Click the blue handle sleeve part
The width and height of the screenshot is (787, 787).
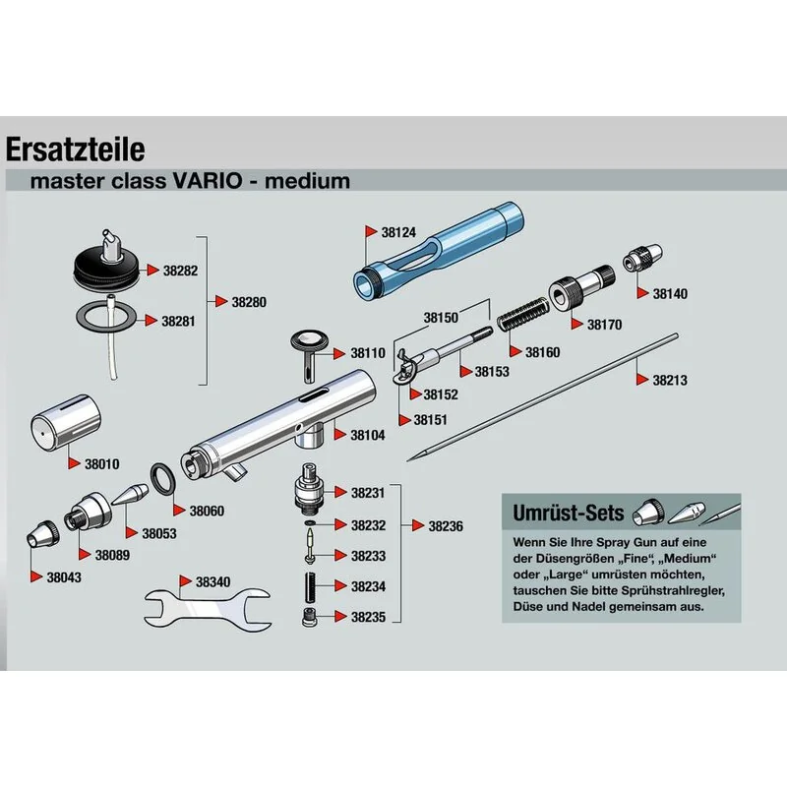[438, 252]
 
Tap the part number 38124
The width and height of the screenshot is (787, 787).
[398, 232]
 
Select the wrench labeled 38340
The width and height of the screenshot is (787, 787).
[209, 607]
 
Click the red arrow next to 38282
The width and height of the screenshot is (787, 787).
[152, 270]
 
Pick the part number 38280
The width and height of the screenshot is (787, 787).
[249, 302]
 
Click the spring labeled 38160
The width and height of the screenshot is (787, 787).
[523, 314]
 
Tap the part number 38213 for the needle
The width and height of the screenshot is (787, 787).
[670, 380]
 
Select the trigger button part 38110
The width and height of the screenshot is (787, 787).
[309, 355]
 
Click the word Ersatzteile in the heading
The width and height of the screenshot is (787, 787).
[76, 150]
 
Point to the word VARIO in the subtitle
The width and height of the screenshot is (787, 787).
[208, 181]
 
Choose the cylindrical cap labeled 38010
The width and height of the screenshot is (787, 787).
[66, 421]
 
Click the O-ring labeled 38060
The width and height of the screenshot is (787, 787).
[162, 479]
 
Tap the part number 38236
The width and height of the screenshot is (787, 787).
[446, 526]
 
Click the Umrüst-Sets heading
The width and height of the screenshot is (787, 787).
[569, 513]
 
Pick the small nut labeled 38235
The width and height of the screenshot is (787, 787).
[309, 617]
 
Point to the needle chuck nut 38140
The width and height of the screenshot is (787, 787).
[642, 258]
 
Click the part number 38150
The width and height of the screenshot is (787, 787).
[441, 318]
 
